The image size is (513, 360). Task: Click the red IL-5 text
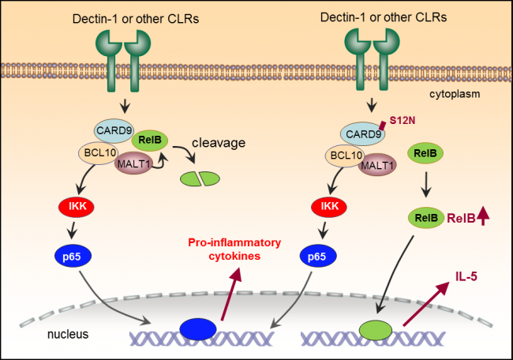point(467,277)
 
